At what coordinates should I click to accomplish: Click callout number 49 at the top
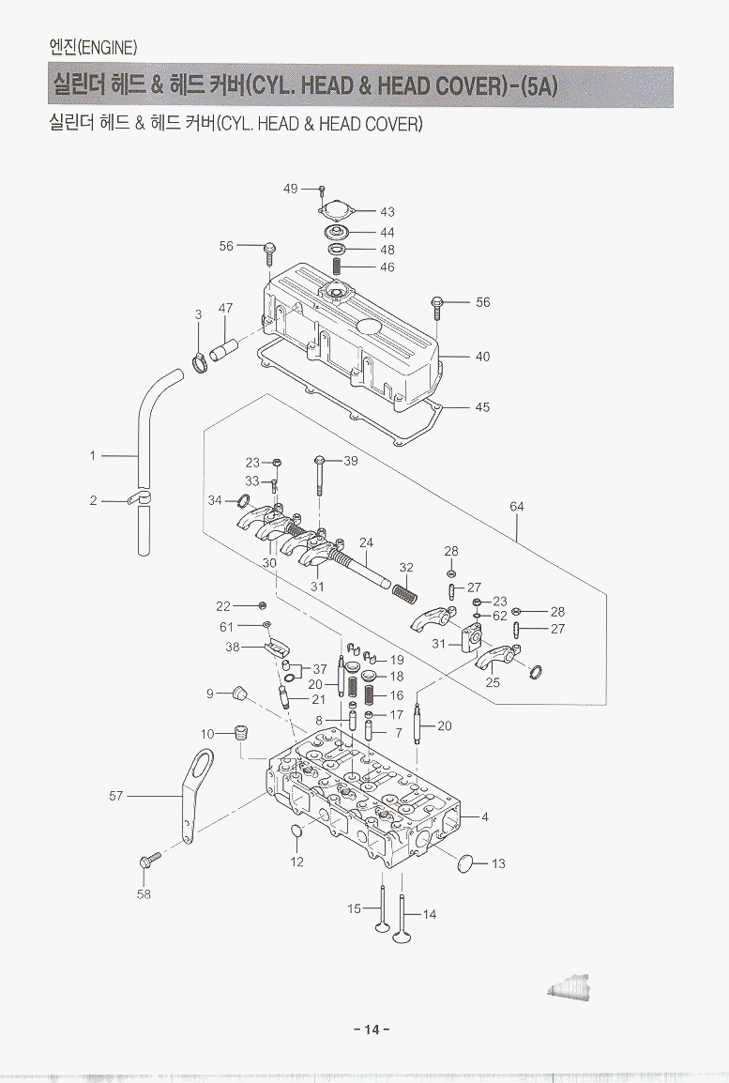(x=291, y=189)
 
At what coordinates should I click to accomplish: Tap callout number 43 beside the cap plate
(x=387, y=212)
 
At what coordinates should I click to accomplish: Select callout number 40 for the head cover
(x=482, y=357)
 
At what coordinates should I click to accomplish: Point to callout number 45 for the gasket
(x=482, y=407)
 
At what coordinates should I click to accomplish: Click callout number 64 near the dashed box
(x=517, y=507)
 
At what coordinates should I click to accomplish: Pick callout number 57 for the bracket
(x=116, y=796)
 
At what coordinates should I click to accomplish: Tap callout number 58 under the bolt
(x=144, y=894)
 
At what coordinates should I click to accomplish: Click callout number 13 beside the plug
(x=498, y=863)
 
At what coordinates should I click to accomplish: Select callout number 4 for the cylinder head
(x=485, y=817)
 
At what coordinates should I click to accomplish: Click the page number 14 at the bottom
(x=372, y=1030)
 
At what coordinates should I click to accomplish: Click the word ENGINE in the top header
(x=111, y=47)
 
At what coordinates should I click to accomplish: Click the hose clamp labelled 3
(x=200, y=361)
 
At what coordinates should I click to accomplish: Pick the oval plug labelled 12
(x=296, y=832)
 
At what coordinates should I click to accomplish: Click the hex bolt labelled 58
(x=148, y=859)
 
